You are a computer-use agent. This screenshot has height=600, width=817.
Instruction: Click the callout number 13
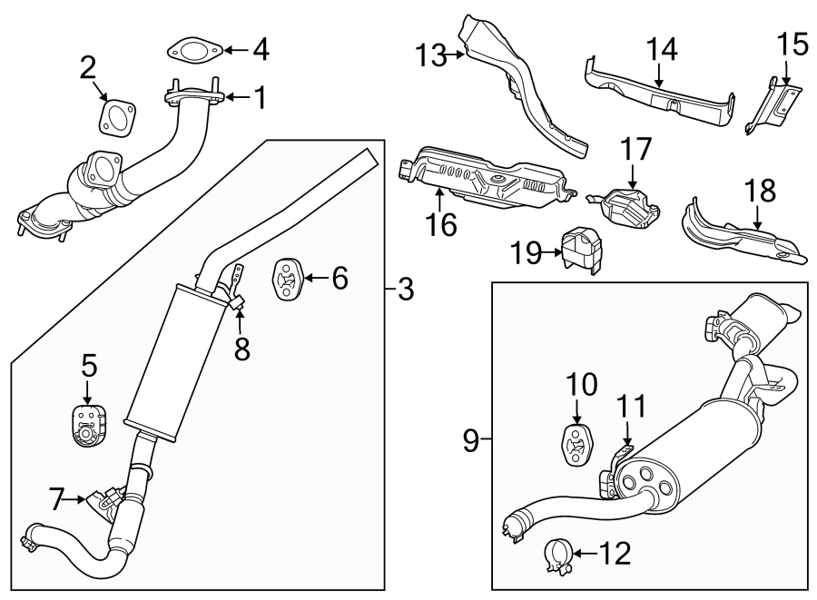point(434,56)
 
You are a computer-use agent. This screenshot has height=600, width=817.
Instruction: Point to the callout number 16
point(442,223)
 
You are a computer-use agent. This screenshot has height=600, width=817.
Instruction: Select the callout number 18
point(761,190)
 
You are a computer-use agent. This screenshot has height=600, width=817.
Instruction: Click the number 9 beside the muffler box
point(470,441)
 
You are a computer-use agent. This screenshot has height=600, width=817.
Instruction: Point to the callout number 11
point(635,408)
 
